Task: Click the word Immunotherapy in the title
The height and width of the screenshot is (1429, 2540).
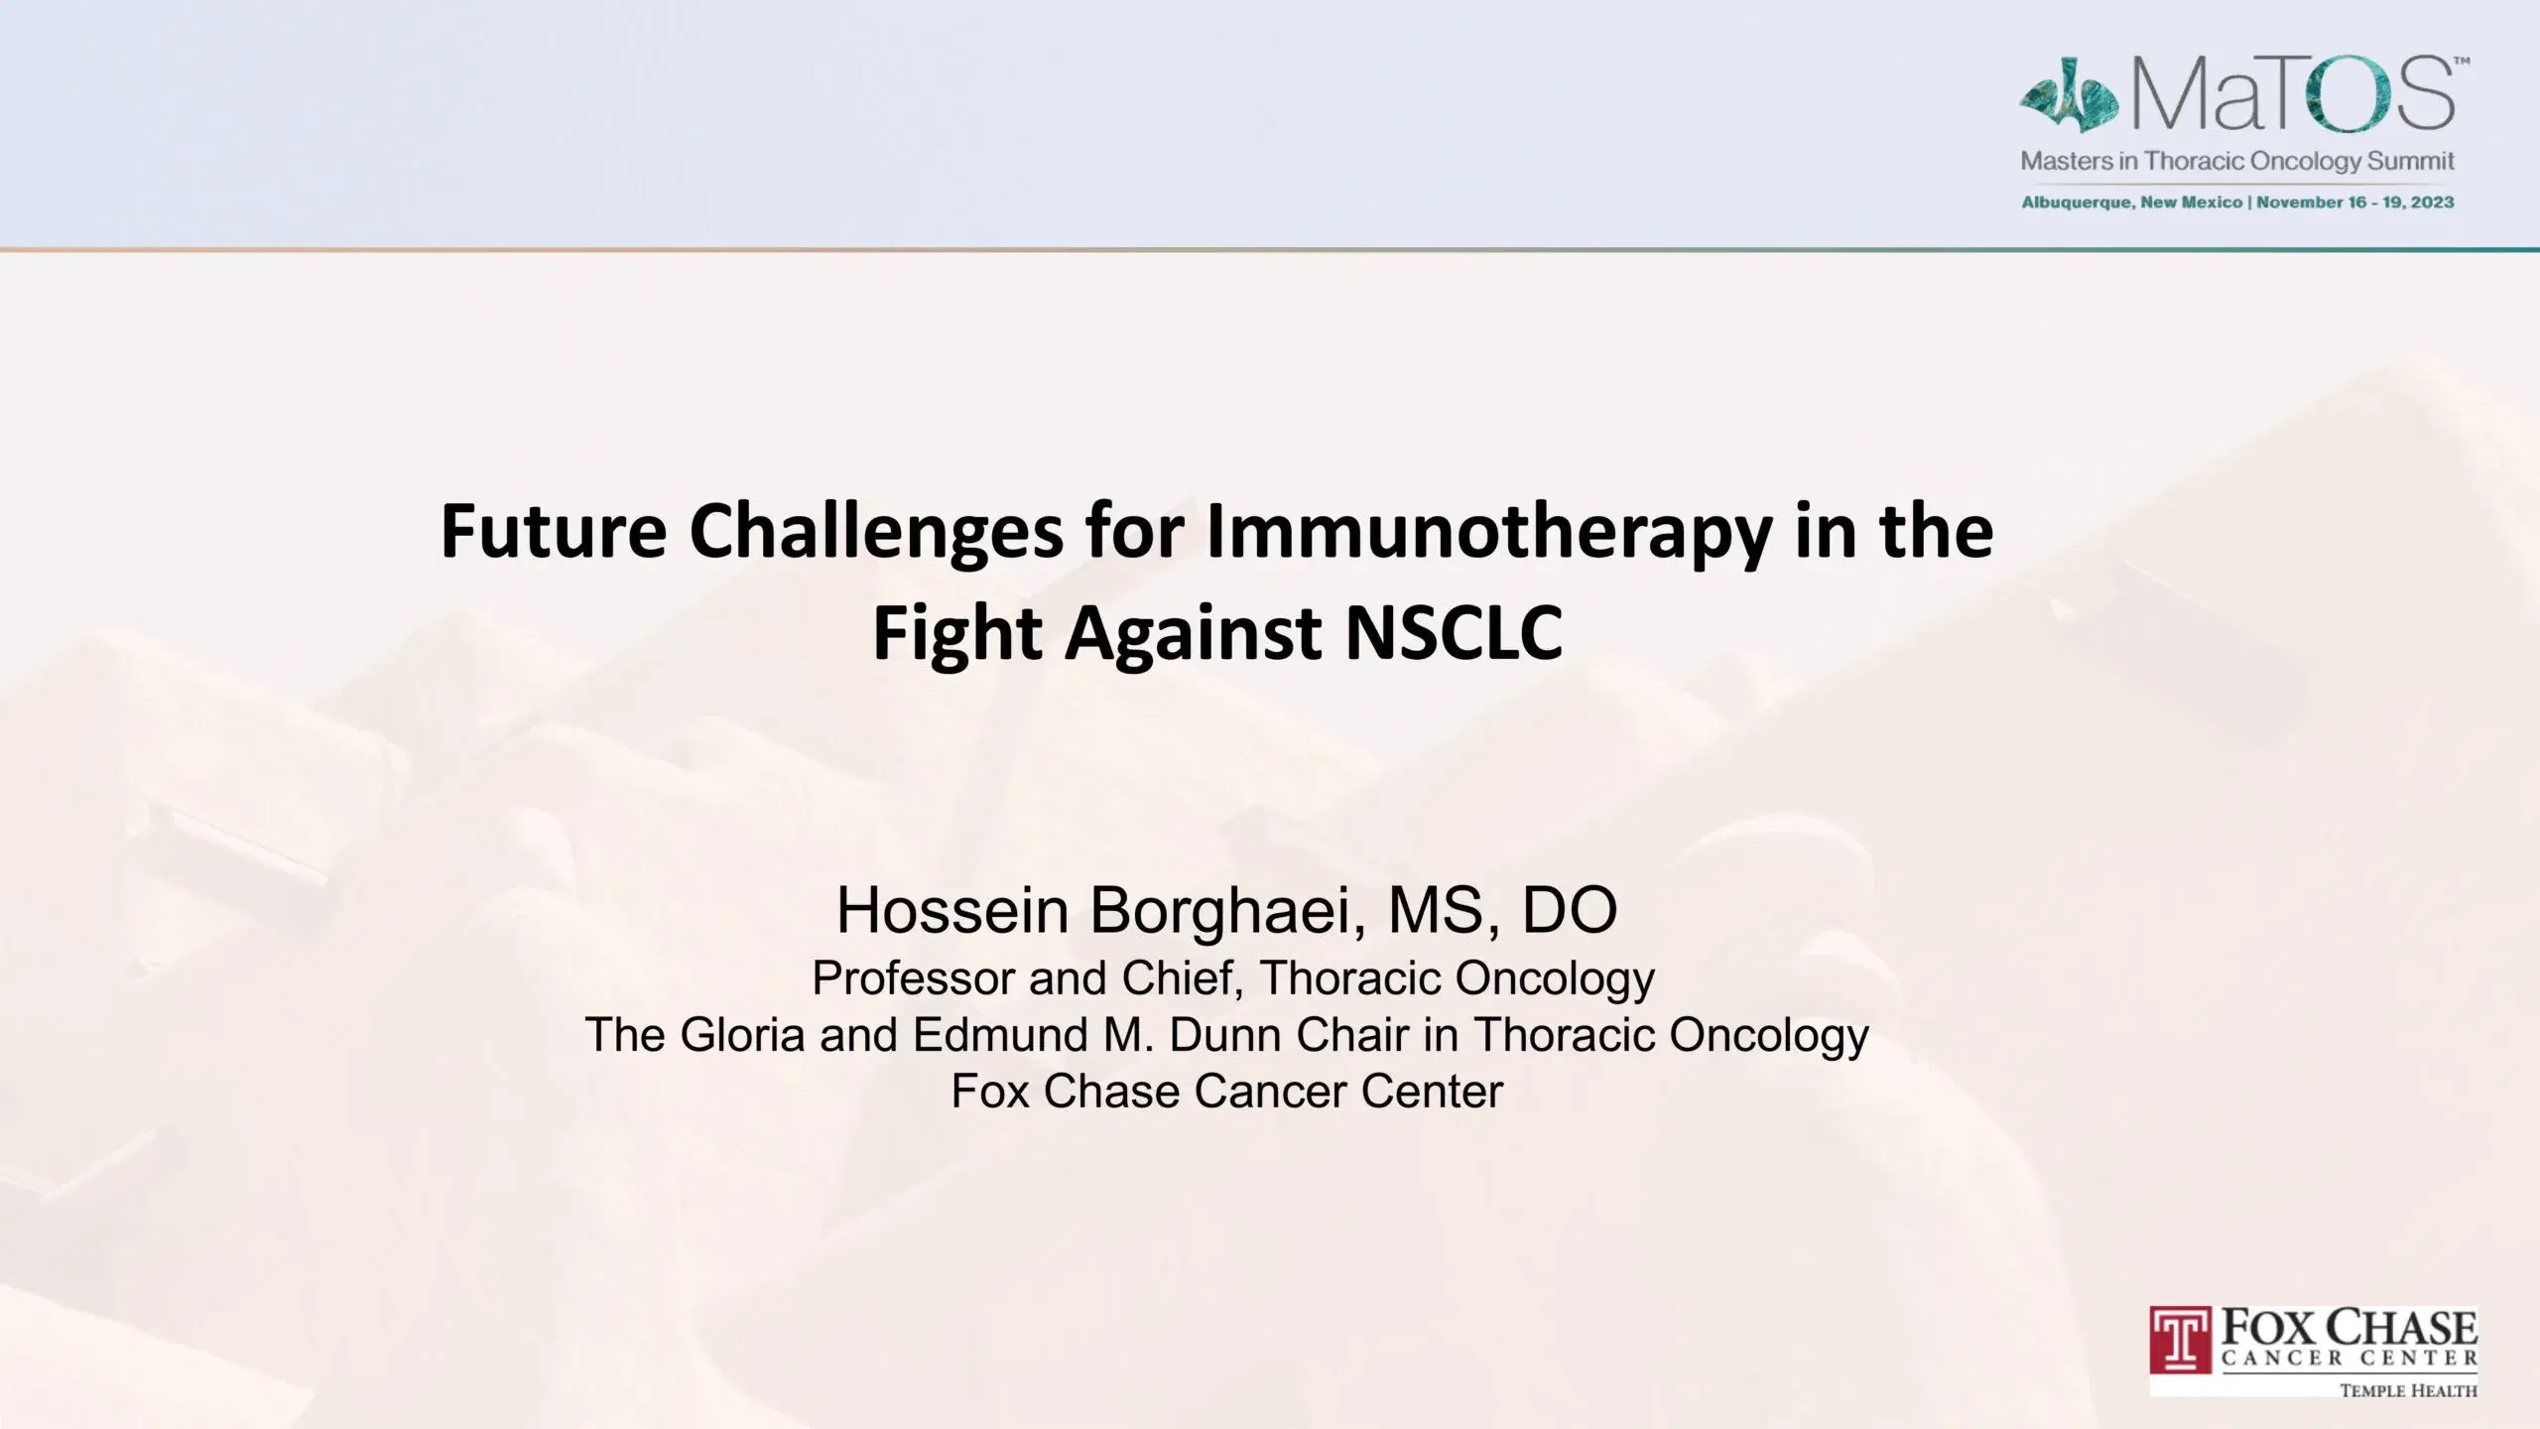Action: [1488, 533]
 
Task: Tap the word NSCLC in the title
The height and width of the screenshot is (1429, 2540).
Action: [1454, 632]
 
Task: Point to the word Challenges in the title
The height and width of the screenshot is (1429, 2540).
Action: [876, 533]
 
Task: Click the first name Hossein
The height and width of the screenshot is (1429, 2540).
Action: [952, 910]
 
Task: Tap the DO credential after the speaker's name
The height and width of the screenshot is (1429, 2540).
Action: [1570, 910]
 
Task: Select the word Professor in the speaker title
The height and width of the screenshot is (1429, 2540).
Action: [913, 978]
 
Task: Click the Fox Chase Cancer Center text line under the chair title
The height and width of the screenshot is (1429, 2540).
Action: [1227, 1092]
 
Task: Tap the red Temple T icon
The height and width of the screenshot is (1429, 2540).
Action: [2181, 1340]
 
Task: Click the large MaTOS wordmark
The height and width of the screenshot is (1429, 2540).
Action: [2293, 94]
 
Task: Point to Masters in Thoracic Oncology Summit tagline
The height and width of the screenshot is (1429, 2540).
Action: [2237, 161]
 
